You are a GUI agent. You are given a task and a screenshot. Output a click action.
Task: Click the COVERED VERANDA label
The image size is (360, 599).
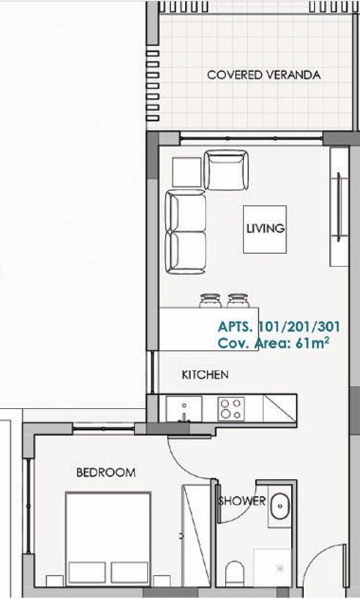coord(263,75)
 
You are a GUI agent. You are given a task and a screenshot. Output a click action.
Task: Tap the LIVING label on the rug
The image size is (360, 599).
coord(266,229)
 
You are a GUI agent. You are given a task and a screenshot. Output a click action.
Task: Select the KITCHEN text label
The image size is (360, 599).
coord(205,375)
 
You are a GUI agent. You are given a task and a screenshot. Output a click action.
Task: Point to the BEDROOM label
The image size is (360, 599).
coord(106,473)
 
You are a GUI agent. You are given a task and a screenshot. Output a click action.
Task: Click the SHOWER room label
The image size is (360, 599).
coord(242,501)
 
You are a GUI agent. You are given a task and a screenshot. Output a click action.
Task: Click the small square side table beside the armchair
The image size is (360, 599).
coord(186,171)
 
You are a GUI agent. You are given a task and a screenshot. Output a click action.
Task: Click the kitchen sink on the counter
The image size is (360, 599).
coord(183,408)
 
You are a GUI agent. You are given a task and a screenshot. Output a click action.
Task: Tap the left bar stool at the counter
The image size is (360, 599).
coord(209,301)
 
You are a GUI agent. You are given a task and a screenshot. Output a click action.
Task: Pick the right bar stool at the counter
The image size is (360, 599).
coord(237,301)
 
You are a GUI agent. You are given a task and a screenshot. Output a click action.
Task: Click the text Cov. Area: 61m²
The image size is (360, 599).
coord(272,342)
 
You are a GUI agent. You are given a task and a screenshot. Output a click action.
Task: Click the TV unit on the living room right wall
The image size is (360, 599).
coord(339,207)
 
